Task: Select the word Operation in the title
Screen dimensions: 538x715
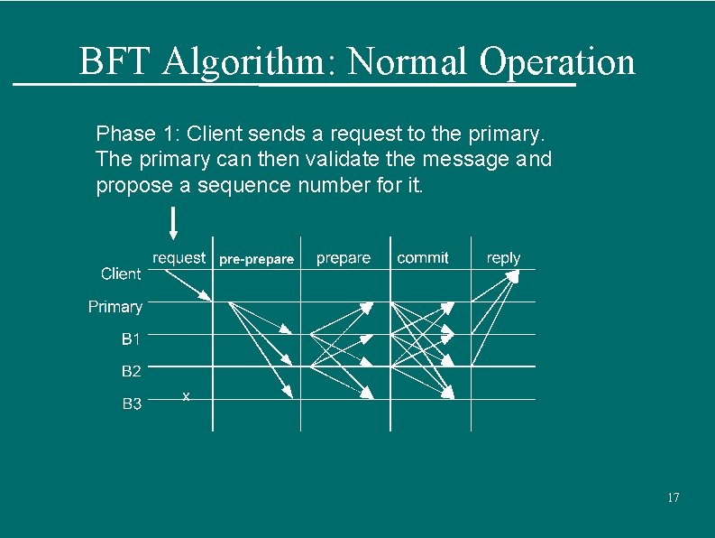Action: pyautogui.click(x=557, y=62)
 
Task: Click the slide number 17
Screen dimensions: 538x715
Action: pyautogui.click(x=673, y=498)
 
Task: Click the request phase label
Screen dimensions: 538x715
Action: pyautogui.click(x=179, y=258)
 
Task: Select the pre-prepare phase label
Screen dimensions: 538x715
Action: pyautogui.click(x=256, y=259)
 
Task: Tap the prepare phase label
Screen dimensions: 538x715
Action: pyautogui.click(x=344, y=258)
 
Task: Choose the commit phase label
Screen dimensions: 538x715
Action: pyautogui.click(x=422, y=258)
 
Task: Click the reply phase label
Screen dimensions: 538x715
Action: pyautogui.click(x=503, y=258)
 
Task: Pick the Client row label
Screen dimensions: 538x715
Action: pyautogui.click(x=121, y=274)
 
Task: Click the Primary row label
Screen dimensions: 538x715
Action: pyautogui.click(x=115, y=307)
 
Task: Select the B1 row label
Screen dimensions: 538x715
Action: pyautogui.click(x=132, y=339)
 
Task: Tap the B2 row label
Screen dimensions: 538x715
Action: pyautogui.click(x=132, y=371)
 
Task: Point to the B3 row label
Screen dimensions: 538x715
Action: pyautogui.click(x=132, y=403)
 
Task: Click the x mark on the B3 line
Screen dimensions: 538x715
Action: pyautogui.click(x=186, y=396)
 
